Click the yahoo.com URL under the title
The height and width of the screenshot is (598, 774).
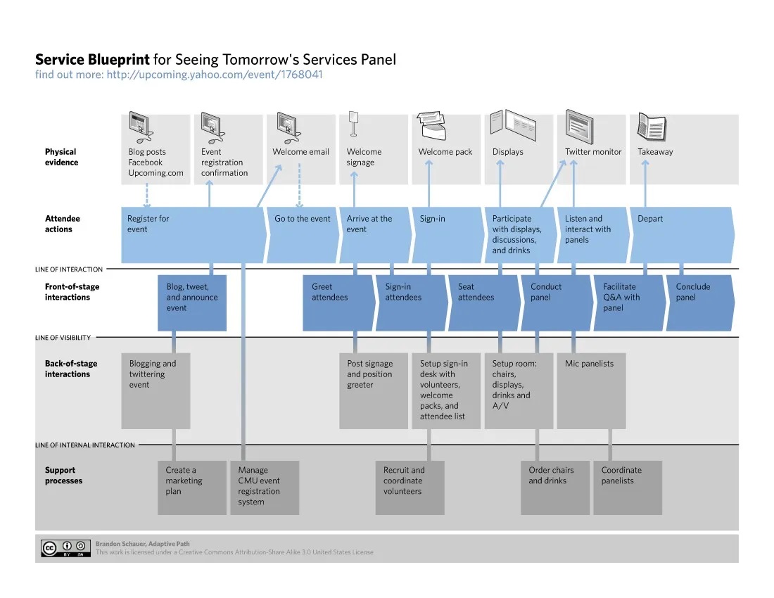[x=214, y=75]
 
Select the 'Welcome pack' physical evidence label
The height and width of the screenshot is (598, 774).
[x=445, y=152]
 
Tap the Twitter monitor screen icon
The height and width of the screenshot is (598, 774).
[x=580, y=127]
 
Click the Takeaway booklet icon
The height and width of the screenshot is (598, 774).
[x=651, y=127]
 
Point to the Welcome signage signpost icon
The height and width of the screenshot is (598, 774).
[x=353, y=124]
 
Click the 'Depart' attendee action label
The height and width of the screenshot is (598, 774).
[x=650, y=219]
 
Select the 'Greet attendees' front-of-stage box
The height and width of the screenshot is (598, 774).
[x=337, y=302]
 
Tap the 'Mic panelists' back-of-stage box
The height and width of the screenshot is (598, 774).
[x=590, y=390]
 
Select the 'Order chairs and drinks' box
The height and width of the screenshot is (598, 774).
[x=554, y=487]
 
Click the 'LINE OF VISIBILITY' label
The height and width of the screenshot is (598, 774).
[x=63, y=338]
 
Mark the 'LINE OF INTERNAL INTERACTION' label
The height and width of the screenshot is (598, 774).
[x=85, y=445]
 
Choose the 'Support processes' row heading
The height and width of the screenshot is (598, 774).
[x=63, y=476]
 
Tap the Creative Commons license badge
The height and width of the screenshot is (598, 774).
[x=66, y=549]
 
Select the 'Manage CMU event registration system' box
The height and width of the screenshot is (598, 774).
[x=264, y=487]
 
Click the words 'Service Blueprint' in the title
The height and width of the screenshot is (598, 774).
[x=92, y=60]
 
